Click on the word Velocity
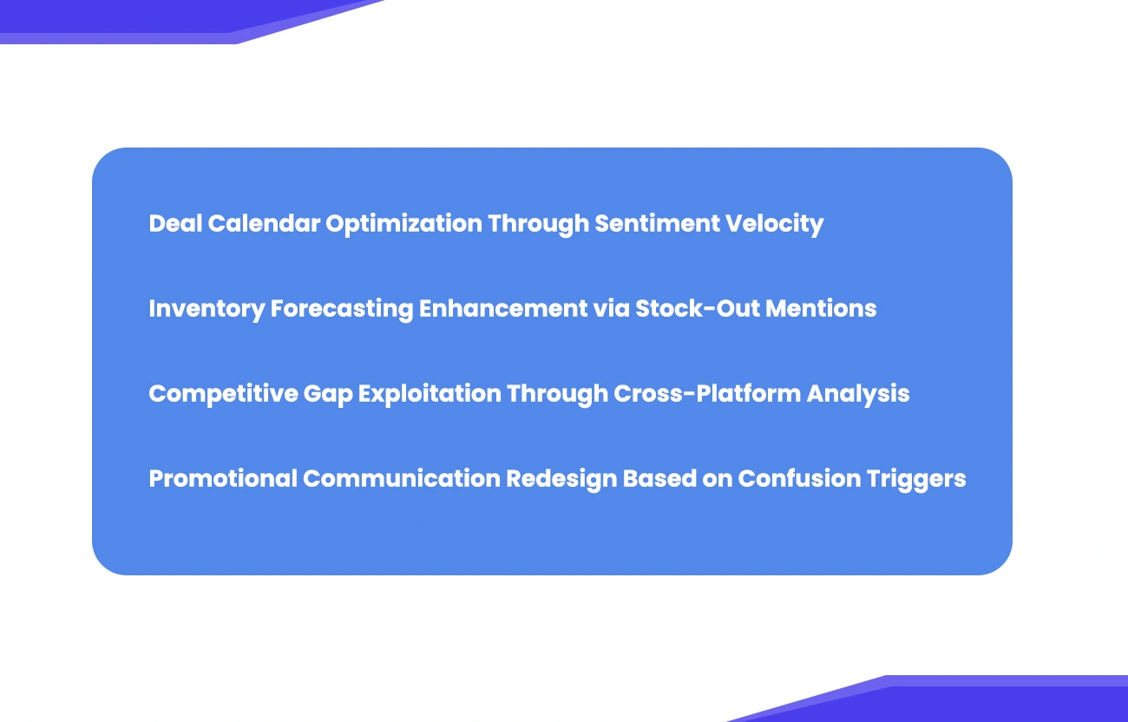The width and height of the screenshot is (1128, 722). (x=774, y=224)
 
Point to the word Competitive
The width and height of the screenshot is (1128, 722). (x=222, y=394)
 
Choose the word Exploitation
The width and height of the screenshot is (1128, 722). (x=430, y=394)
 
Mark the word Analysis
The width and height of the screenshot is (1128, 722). (x=858, y=394)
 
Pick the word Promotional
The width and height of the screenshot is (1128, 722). (x=222, y=479)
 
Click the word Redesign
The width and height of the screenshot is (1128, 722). (x=563, y=479)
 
